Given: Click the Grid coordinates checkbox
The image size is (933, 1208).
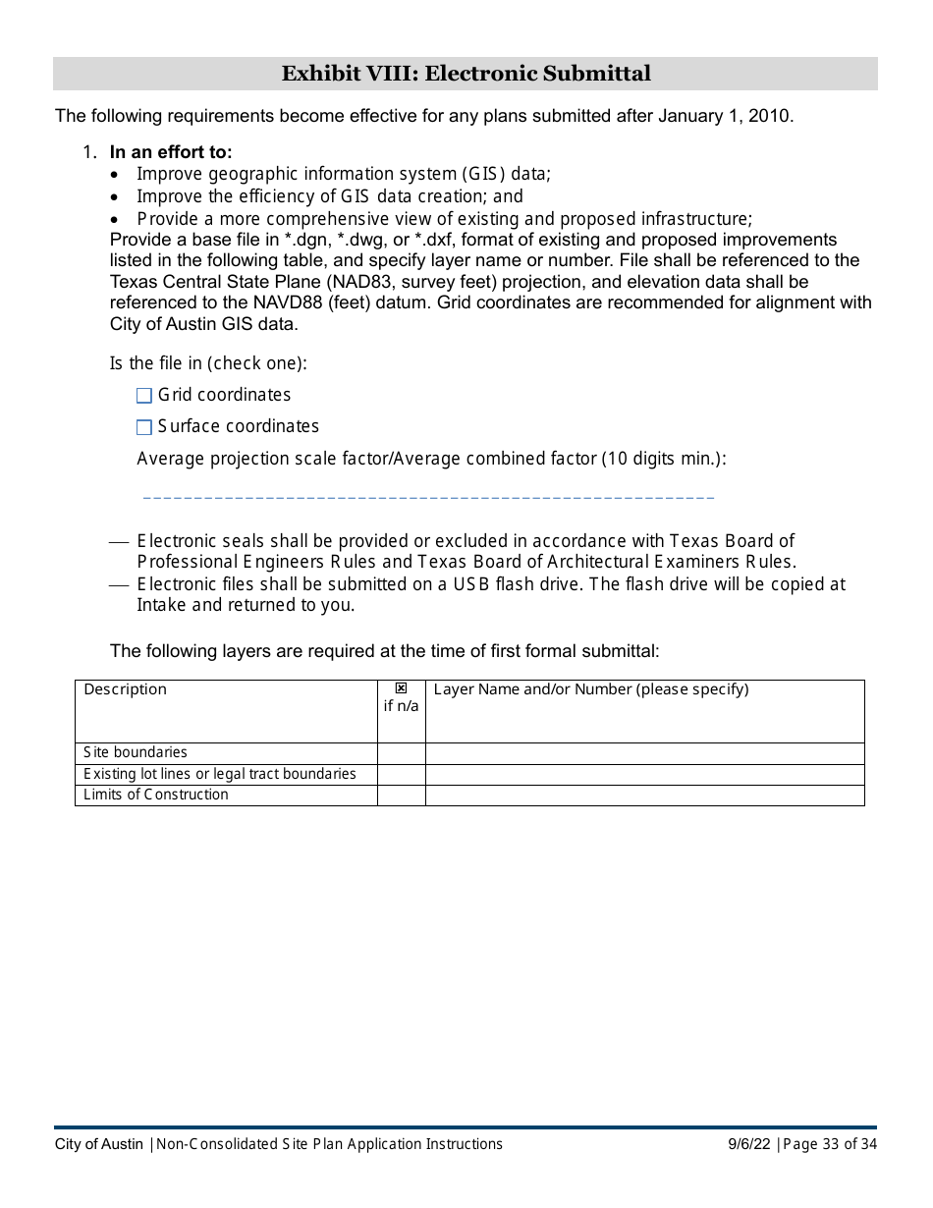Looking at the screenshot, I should (x=144, y=396).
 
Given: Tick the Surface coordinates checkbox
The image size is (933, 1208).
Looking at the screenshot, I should (x=144, y=427).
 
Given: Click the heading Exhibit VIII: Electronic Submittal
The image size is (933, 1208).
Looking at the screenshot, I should (x=466, y=74).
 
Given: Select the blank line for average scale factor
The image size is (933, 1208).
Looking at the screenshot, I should (x=428, y=497).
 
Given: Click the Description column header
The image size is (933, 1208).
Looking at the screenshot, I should (x=126, y=689).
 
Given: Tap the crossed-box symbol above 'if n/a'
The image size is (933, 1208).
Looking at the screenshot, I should (x=401, y=688).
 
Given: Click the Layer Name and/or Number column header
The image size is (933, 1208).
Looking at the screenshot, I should (x=590, y=689).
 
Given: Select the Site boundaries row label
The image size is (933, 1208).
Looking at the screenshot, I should (x=136, y=752).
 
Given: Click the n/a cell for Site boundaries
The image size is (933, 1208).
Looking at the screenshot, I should (x=401, y=753).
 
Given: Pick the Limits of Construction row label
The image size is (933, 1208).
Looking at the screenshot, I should (x=156, y=795).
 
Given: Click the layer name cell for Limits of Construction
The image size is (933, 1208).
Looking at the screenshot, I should (x=644, y=796).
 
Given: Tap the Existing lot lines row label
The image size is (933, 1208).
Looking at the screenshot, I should (x=219, y=774).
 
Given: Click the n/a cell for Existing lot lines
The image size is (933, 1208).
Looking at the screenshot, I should (x=401, y=775).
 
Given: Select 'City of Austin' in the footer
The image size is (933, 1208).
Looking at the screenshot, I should (x=99, y=1144).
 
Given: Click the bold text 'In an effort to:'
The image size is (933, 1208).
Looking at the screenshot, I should (x=171, y=152).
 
